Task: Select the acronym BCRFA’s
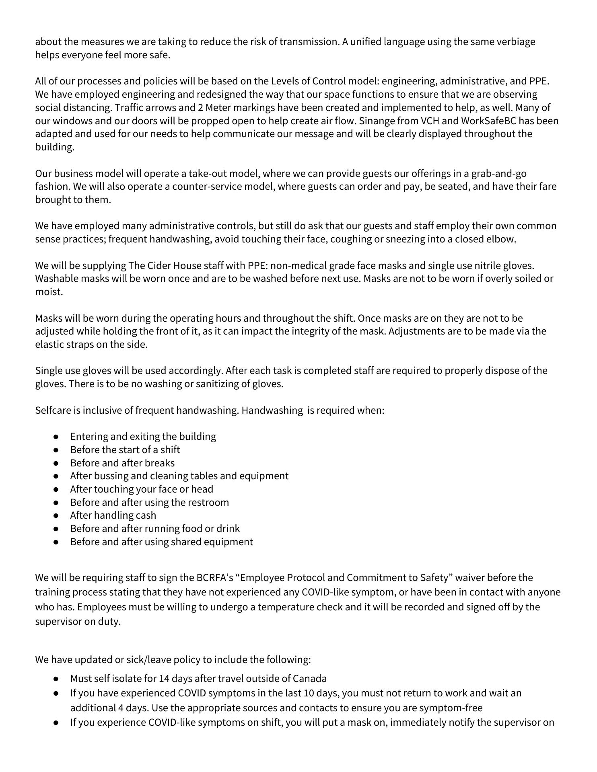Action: pos(214,578)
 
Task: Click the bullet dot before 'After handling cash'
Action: pos(56,515)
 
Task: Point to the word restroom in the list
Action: pos(209,502)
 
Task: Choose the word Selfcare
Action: pos(53,411)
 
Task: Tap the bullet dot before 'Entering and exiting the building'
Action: pos(56,437)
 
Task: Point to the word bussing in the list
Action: pos(111,476)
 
